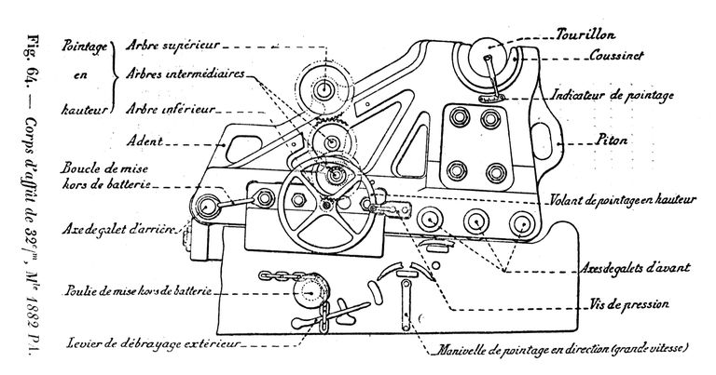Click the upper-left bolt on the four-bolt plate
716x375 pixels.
click(x=457, y=120)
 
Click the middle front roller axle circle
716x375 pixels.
click(x=476, y=221)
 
